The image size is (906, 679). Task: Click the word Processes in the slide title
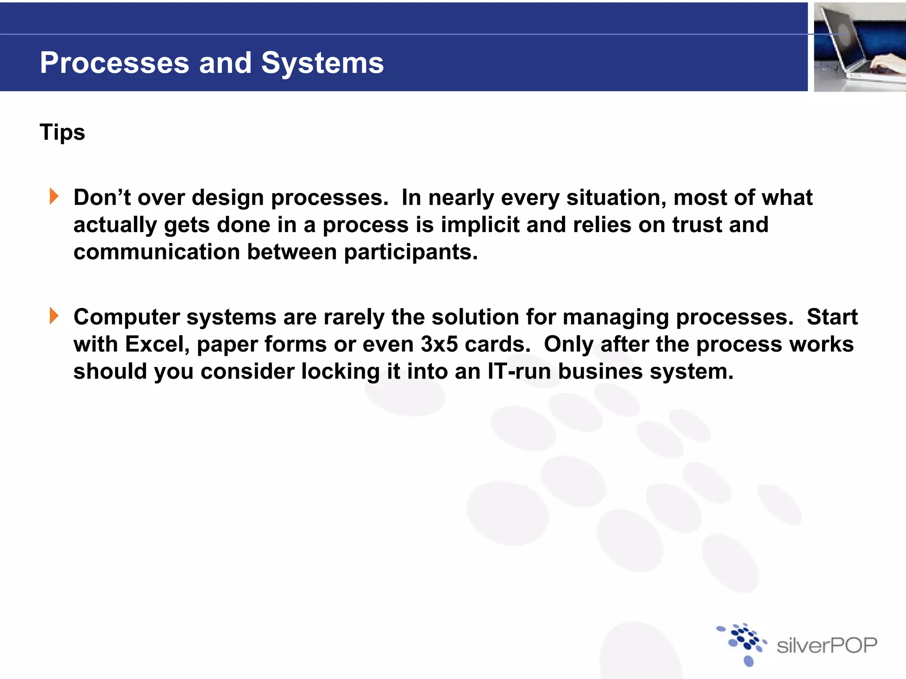[x=115, y=63]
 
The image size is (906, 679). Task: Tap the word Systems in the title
[x=322, y=63]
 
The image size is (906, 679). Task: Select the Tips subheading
[x=62, y=132]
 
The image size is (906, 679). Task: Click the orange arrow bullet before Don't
[x=54, y=196]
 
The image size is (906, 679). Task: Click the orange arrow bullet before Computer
[x=54, y=316]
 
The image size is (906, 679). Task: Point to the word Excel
[x=157, y=344]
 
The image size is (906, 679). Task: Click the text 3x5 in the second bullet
[x=439, y=344]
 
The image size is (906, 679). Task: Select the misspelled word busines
[x=600, y=371]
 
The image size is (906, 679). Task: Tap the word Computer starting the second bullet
[x=127, y=317]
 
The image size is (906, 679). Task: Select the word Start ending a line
[x=832, y=317]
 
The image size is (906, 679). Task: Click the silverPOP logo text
[x=826, y=645]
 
